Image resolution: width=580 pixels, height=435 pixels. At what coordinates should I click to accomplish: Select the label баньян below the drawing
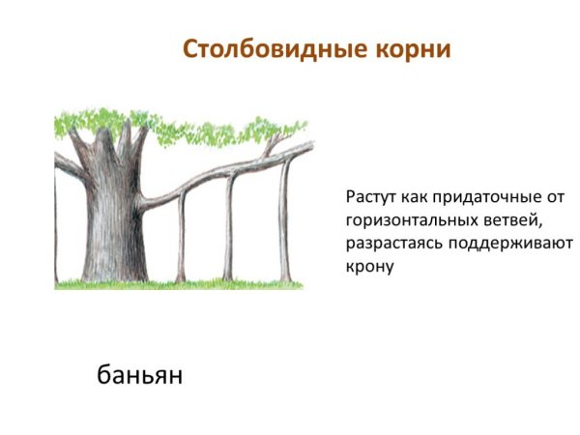tap(139, 373)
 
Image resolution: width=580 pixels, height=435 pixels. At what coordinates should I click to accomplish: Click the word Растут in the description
tap(368, 197)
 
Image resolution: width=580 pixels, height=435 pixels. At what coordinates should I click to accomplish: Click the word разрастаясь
tap(391, 244)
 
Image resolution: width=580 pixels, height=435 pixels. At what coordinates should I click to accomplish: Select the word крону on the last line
tap(368, 267)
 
